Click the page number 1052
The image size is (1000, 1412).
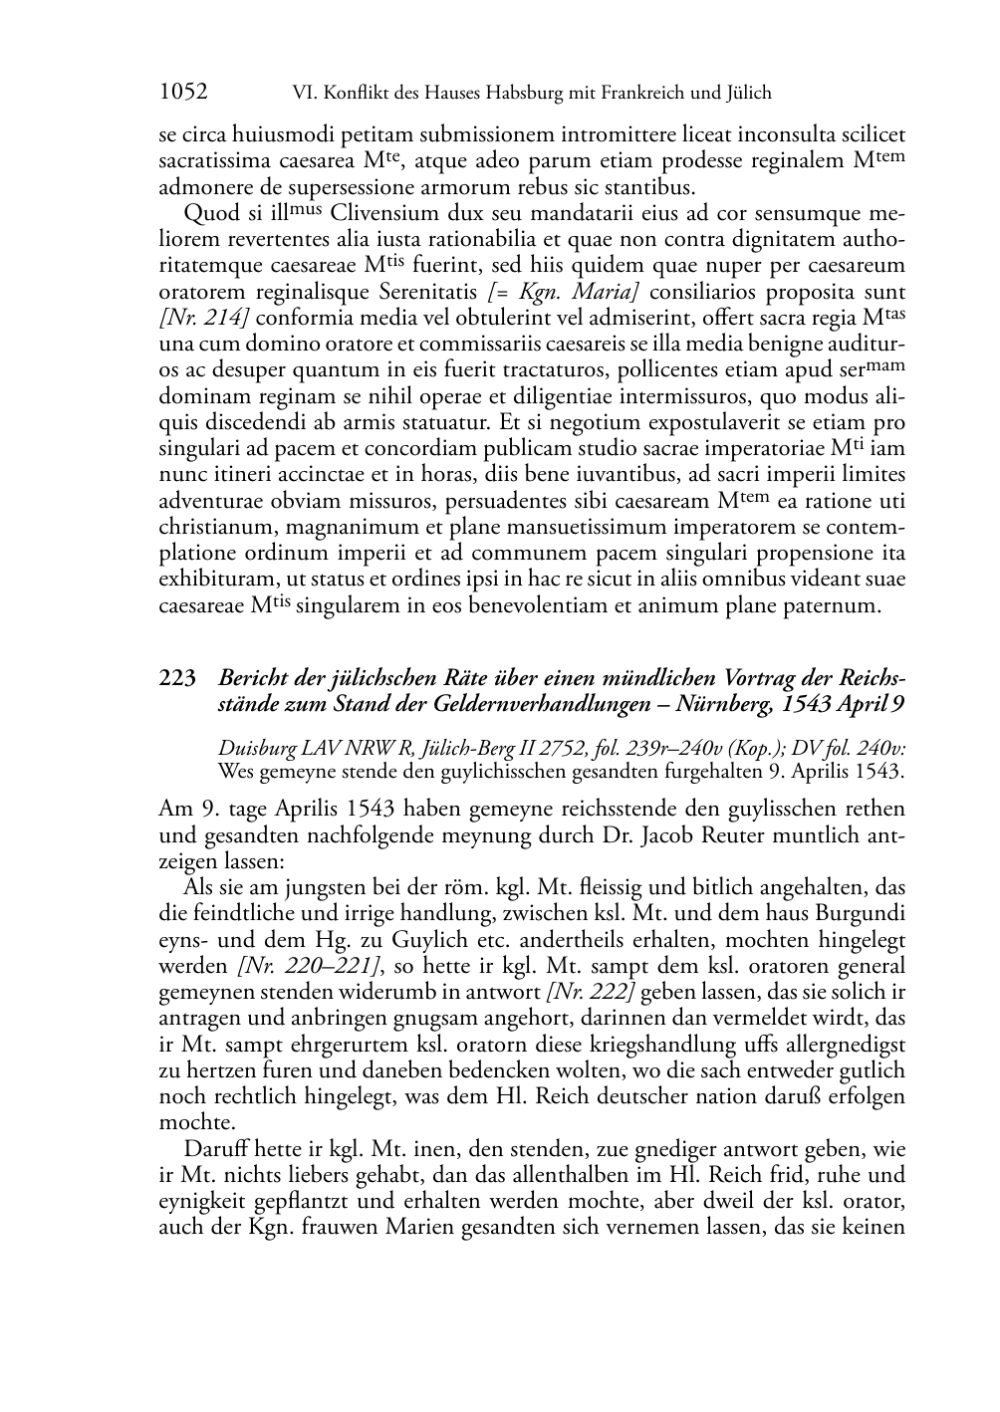[183, 93]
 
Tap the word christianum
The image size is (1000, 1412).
[218, 526]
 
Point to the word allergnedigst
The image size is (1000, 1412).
[840, 1044]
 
